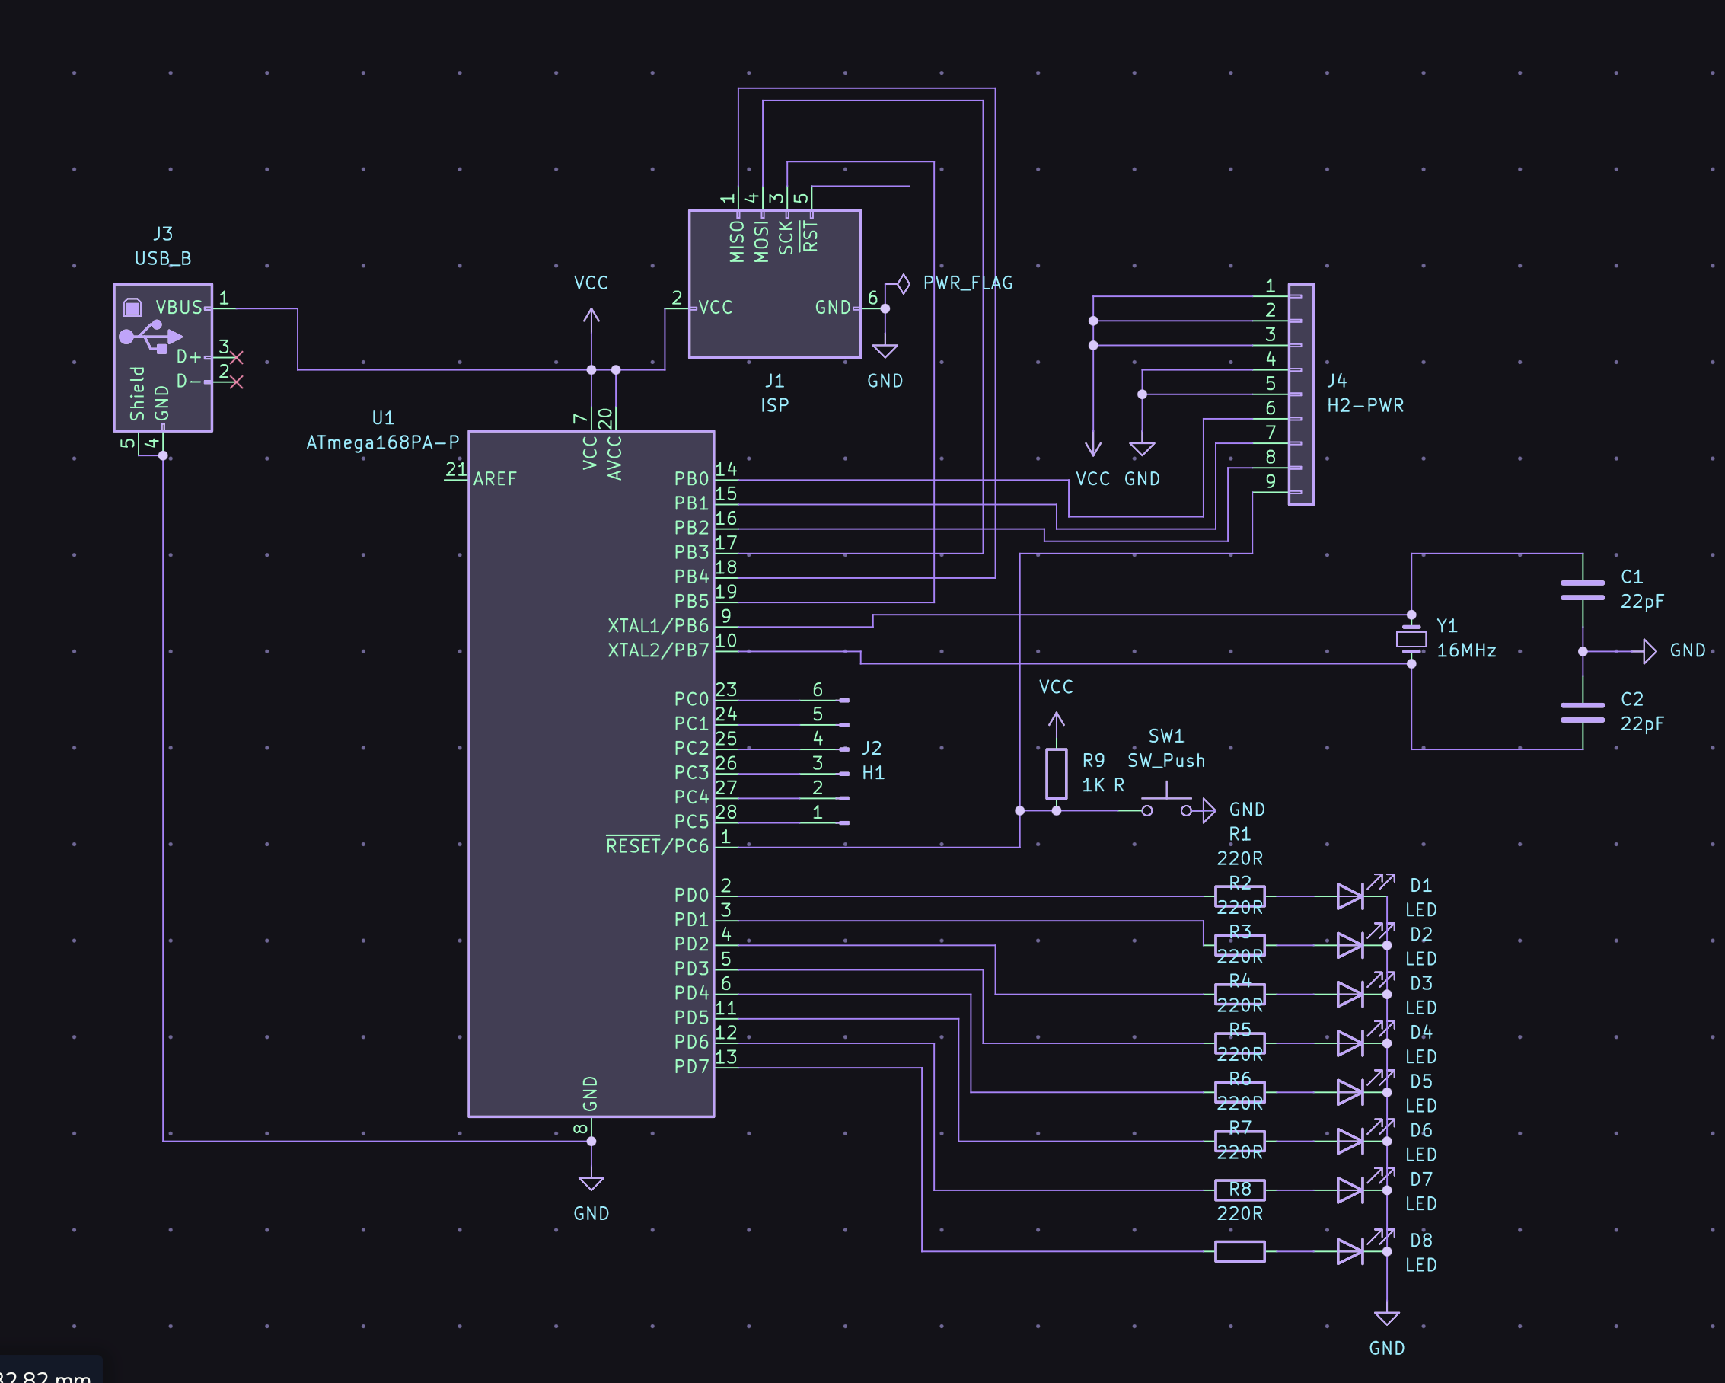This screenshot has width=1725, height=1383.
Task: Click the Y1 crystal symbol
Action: pyautogui.click(x=1411, y=639)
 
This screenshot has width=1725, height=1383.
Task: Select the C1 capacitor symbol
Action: pyautogui.click(x=1582, y=590)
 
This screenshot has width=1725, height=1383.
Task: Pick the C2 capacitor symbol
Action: pyautogui.click(x=1582, y=712)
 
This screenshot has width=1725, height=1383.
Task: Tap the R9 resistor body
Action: pyautogui.click(x=1056, y=773)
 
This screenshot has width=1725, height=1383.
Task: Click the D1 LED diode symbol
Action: pyautogui.click(x=1350, y=896)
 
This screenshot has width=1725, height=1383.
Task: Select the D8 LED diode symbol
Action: pyautogui.click(x=1350, y=1251)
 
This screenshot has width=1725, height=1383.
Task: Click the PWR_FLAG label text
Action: pyautogui.click(x=968, y=283)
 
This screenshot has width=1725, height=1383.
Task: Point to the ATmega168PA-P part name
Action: pyautogui.click(x=382, y=442)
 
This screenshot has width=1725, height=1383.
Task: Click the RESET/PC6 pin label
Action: pyautogui.click(x=657, y=847)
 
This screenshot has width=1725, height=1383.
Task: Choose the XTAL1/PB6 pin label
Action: pyautogui.click(x=658, y=626)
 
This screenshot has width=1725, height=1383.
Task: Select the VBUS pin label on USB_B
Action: pyautogui.click(x=178, y=308)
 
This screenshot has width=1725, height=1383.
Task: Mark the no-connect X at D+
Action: pyautogui.click(x=236, y=358)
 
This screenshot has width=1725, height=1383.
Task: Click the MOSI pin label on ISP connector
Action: pyautogui.click(x=761, y=241)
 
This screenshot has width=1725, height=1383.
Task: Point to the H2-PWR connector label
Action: pyautogui.click(x=1365, y=406)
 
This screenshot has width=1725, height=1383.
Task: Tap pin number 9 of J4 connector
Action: pyautogui.click(x=1270, y=481)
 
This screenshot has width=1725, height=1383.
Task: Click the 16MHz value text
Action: pyautogui.click(x=1465, y=650)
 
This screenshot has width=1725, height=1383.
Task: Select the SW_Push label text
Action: pyautogui.click(x=1165, y=761)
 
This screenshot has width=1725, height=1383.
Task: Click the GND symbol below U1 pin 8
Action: pyautogui.click(x=591, y=1184)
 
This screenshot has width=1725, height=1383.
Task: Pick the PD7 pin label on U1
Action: pyautogui.click(x=691, y=1067)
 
